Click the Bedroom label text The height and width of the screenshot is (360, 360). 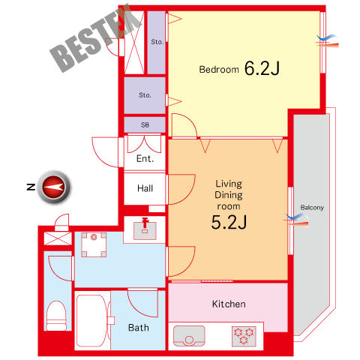219,70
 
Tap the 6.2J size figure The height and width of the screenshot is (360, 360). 262,68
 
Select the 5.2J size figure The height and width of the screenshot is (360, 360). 229,222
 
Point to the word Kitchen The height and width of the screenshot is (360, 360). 229,304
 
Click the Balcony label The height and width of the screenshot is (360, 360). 312,208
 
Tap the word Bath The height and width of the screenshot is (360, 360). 139,328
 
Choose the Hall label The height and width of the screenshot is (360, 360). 145,188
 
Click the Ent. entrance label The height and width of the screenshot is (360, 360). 145,158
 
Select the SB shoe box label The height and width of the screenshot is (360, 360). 145,124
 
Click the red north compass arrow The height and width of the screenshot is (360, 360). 54,187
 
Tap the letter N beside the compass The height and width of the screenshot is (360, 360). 31,187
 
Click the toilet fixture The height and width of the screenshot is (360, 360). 56,316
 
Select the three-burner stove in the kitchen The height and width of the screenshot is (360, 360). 244,336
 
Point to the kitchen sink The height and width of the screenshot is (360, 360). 189,336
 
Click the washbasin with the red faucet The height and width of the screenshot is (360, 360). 145,229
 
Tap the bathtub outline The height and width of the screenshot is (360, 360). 92,321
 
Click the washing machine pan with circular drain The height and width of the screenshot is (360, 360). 94,244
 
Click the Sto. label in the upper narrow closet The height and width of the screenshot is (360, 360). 157,42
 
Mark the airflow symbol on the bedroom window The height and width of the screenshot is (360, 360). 328,41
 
